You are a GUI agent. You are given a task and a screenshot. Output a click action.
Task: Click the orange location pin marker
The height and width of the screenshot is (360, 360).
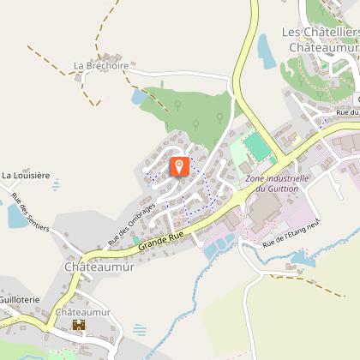coord(180,165)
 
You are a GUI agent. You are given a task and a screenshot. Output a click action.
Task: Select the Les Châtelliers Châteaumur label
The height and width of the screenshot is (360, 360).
coord(320,40)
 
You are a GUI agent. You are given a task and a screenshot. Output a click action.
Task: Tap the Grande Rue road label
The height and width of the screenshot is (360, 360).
coord(162,237)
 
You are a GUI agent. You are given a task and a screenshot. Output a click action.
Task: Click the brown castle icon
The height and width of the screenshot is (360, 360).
coord(79,326)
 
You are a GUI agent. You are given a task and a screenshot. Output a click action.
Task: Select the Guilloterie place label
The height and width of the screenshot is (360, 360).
coord(16,300)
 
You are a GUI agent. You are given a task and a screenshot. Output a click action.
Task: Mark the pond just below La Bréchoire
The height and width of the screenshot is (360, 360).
coord(140,97)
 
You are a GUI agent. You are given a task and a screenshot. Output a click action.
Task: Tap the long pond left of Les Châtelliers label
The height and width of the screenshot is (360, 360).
coord(265,51)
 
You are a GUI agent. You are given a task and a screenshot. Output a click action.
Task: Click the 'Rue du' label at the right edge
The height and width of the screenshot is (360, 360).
coord(346,112)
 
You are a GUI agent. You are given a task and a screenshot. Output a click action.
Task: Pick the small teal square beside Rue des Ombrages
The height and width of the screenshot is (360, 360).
coord(135,241)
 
